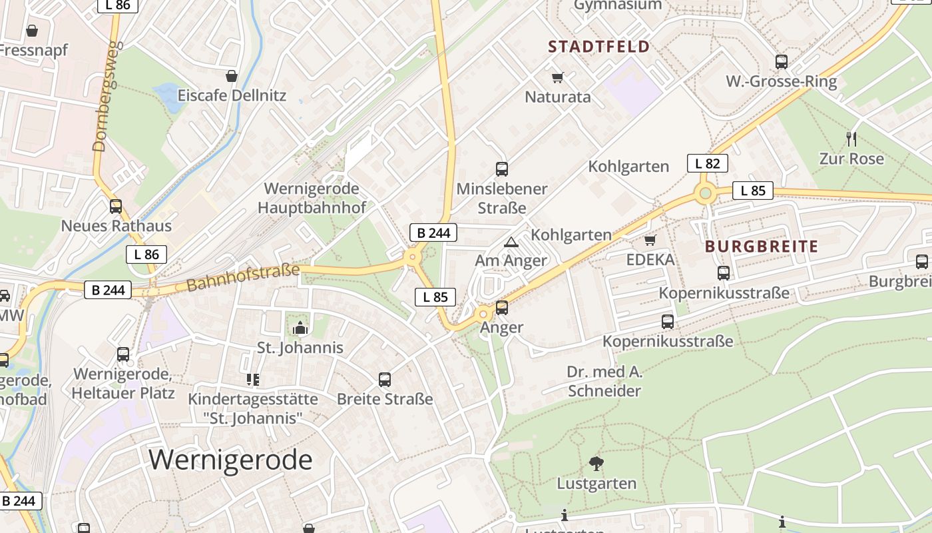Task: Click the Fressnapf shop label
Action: coord(34,50)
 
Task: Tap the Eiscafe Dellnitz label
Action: coord(232,95)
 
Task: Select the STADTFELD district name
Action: coord(598,47)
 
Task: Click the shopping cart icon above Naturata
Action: coord(558,77)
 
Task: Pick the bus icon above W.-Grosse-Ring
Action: coord(782,62)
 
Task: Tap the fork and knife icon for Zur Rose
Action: coord(851,139)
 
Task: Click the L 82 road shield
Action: coord(707,163)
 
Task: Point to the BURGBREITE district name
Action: coord(762,247)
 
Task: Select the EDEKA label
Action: coord(650,259)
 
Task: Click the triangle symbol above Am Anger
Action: coord(511,242)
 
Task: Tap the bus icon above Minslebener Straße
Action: coord(502,169)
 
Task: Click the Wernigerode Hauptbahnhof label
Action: coord(312,198)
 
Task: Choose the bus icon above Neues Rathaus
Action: coord(116,207)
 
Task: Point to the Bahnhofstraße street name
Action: coord(243,277)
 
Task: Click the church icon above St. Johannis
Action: coord(300,328)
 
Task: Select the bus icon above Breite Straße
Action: coord(385,380)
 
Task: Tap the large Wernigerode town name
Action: coord(230,460)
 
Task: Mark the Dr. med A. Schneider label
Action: coord(604,381)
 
